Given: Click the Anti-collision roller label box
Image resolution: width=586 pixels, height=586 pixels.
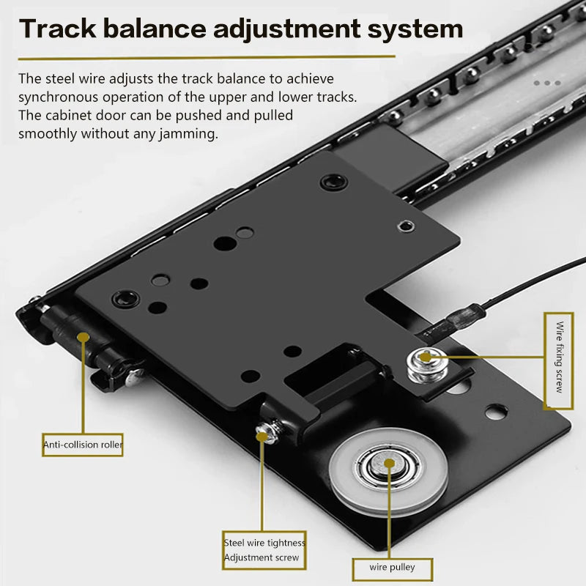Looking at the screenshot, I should [x=82, y=444].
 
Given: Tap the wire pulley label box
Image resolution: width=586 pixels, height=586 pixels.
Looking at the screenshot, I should [x=393, y=568].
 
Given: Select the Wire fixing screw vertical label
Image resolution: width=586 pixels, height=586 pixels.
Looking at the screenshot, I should [x=559, y=360].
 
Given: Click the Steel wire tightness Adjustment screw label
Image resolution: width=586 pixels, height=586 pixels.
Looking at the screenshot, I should [x=264, y=549].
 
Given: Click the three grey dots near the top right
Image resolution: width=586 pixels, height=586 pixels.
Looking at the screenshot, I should [x=546, y=84].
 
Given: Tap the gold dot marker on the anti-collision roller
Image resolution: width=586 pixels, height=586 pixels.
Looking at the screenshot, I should [x=84, y=338].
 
